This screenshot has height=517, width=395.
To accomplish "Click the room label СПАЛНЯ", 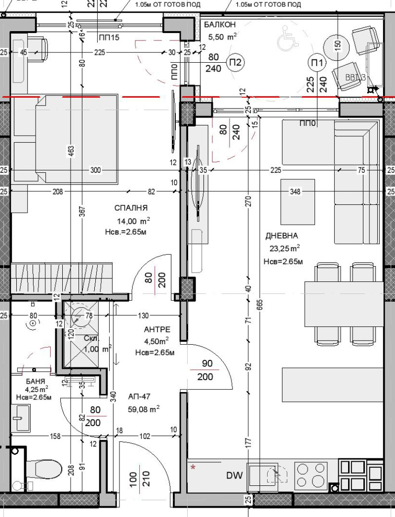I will coord(130,208).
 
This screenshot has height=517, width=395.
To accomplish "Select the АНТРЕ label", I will coord(157,329).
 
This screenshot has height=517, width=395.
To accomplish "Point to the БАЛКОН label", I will coord(220,24).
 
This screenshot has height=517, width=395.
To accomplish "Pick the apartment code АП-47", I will coord(139,397).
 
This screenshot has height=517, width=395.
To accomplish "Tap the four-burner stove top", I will coord(311,475).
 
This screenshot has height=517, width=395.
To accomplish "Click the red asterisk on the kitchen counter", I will coord(193,466).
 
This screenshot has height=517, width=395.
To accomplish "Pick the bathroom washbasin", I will coord(21,417).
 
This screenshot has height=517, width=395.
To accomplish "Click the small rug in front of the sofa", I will coord(298,201).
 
